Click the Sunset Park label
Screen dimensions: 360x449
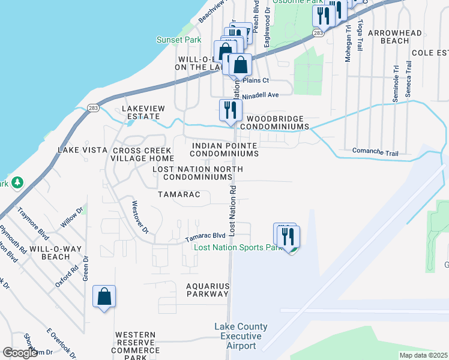click(179, 40)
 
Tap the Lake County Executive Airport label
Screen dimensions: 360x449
click(241, 336)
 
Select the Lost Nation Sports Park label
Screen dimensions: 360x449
click(238, 247)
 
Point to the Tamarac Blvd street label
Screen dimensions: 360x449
click(205, 236)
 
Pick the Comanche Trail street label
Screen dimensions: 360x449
click(375, 153)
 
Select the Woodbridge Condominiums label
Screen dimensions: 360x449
click(274, 123)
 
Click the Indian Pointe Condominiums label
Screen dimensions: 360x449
click(224, 149)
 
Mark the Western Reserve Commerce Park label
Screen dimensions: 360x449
click(136, 346)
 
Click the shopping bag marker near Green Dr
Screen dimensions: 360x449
click(104, 297)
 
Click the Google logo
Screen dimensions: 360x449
click(20, 353)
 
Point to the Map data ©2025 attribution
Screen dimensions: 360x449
click(423, 355)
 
